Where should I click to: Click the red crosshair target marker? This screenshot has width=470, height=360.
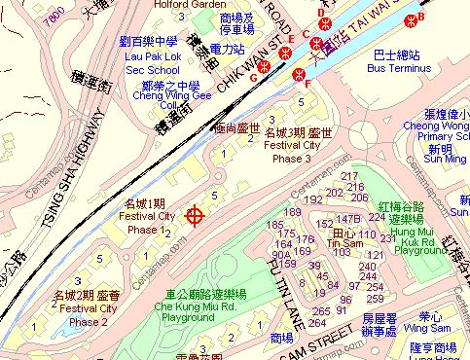tap(194, 215)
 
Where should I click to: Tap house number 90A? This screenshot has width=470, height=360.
tap(281, 255)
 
